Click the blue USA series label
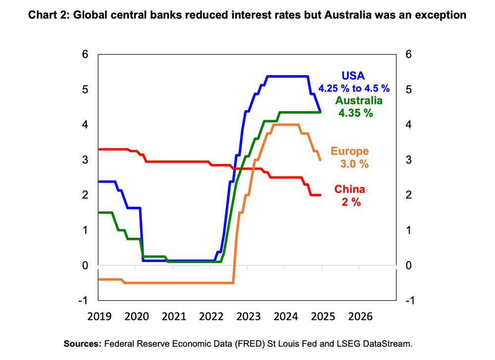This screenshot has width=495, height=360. click(353, 76)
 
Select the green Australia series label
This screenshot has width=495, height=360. click(359, 100)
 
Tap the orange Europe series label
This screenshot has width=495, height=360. click(350, 152)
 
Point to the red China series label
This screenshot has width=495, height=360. click(349, 189)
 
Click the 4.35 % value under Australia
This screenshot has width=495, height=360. click(355, 113)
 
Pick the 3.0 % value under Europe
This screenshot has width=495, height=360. click(354, 164)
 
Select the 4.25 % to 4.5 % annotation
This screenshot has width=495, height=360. click(354, 89)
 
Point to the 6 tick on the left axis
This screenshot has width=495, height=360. click(85, 54)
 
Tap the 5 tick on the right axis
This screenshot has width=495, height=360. click(408, 90)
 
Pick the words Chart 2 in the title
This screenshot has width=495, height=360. click(49, 15)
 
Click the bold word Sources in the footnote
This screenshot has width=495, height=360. click(81, 343)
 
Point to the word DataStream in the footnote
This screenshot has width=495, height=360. click(387, 343)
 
